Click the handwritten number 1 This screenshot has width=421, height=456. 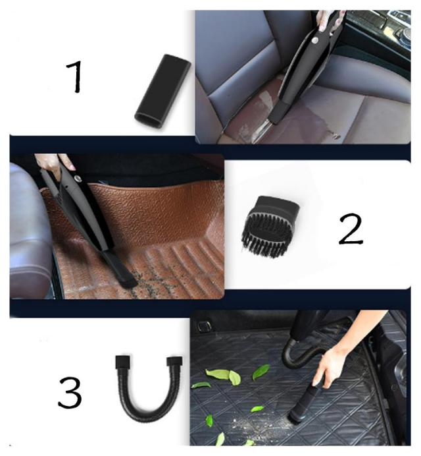coord(75,77)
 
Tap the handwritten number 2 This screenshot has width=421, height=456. coord(351,229)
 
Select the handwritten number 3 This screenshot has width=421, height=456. coord(70,393)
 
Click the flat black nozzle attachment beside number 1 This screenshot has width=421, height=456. coord(162,91)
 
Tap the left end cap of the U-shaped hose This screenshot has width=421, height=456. coord(122,362)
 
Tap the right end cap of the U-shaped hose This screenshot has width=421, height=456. coord(174,361)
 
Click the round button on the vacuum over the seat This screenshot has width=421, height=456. coord(314,41)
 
